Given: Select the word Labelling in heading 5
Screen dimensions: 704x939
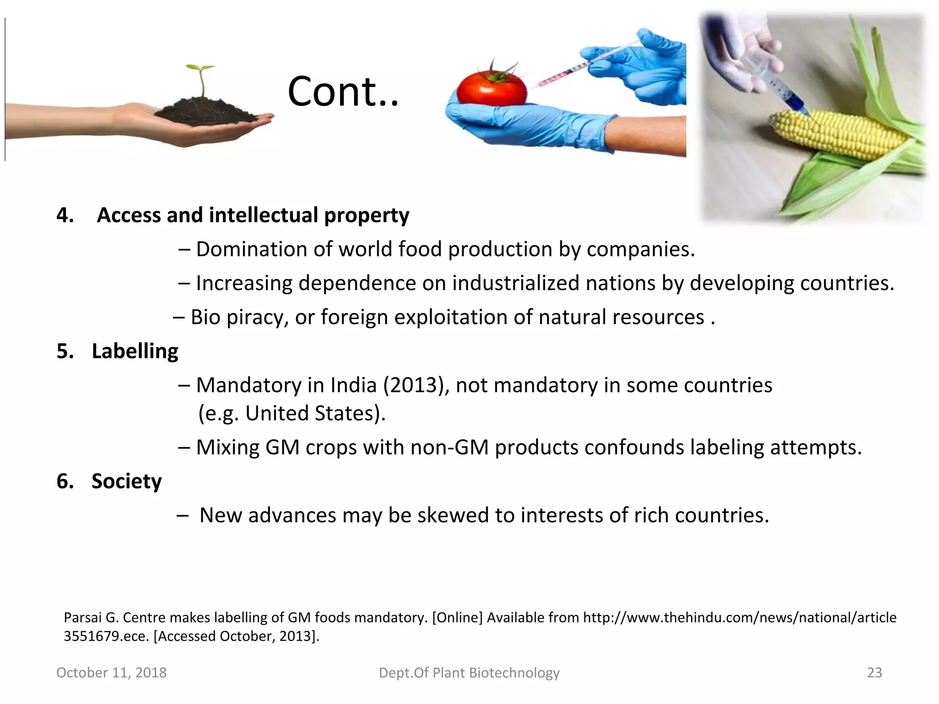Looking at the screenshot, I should [x=135, y=351].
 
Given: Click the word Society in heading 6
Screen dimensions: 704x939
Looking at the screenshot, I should [x=127, y=481].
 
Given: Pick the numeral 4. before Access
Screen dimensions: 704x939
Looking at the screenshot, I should [x=65, y=215].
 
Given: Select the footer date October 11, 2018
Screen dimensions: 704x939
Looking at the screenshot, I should [x=111, y=672].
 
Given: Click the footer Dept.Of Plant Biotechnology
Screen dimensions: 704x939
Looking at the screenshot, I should [x=469, y=672].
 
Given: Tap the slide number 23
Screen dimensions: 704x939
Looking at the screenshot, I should [x=874, y=672].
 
